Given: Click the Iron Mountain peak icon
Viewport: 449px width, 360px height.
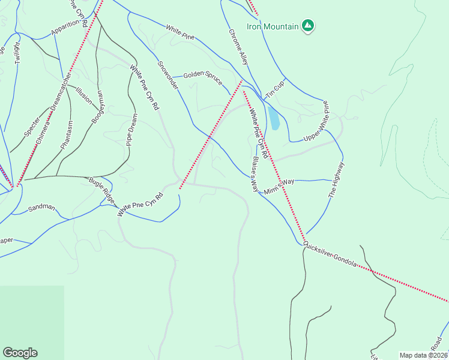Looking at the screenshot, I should (308, 26).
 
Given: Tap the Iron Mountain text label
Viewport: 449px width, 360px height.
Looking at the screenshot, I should (273, 26).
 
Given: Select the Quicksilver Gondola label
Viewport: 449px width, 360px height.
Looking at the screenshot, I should (330, 254).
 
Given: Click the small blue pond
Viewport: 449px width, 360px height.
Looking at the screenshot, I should (274, 119).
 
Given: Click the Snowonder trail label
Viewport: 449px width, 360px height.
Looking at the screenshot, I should (168, 76).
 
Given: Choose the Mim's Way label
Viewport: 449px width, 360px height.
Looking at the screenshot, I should (280, 185).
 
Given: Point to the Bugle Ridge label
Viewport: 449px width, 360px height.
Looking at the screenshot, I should (101, 188).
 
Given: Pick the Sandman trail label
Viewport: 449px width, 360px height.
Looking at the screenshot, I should (41, 209).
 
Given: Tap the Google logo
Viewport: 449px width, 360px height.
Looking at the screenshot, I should (20, 353).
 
